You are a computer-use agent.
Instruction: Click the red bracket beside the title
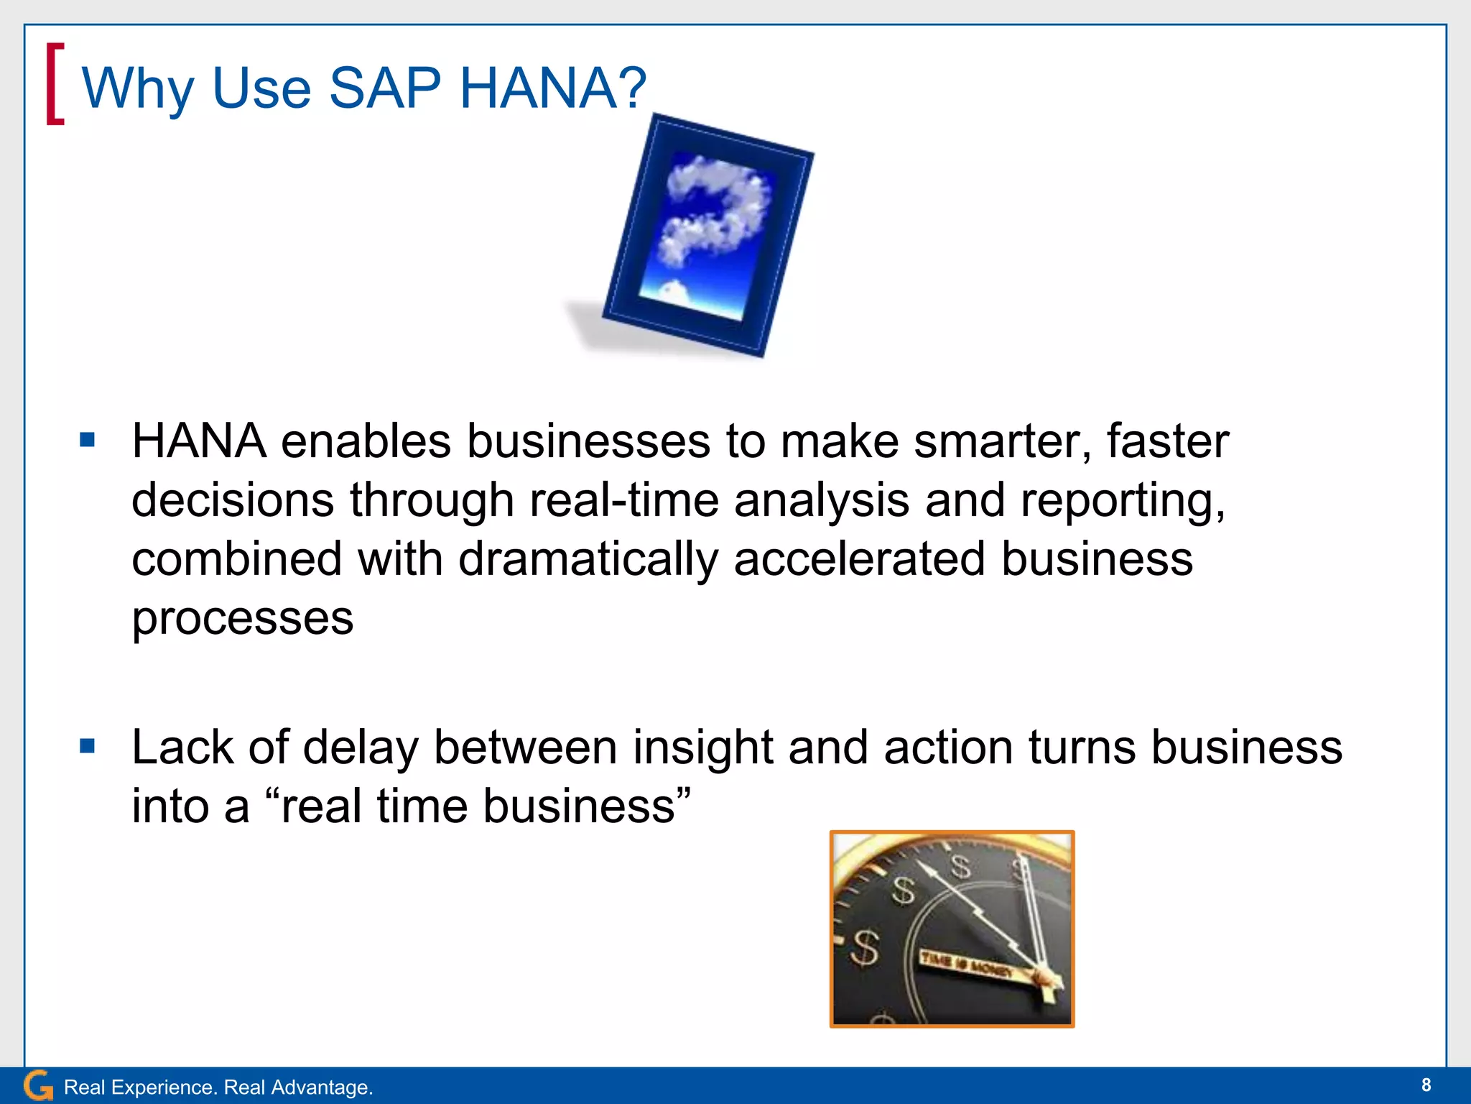pos(55,84)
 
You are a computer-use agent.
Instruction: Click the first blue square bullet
pos(88,439)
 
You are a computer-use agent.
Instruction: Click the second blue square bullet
pos(88,746)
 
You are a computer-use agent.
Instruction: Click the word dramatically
pos(588,558)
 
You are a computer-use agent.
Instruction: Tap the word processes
pos(242,618)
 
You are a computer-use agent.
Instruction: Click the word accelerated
pos(859,558)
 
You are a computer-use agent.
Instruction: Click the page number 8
pos(1426,1085)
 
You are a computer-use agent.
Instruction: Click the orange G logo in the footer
pos(38,1085)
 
